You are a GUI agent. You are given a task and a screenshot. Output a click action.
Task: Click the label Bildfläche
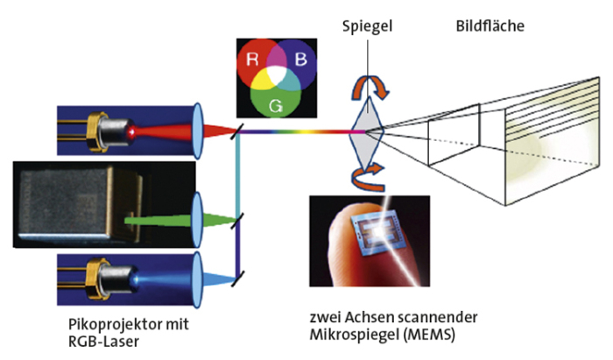pos(490,27)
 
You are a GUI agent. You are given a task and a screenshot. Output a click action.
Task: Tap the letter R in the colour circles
pos(251,61)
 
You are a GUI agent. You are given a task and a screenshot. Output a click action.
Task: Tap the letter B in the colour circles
pos(299,61)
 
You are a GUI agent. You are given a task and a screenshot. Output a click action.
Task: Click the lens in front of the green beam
pos(197,213)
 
